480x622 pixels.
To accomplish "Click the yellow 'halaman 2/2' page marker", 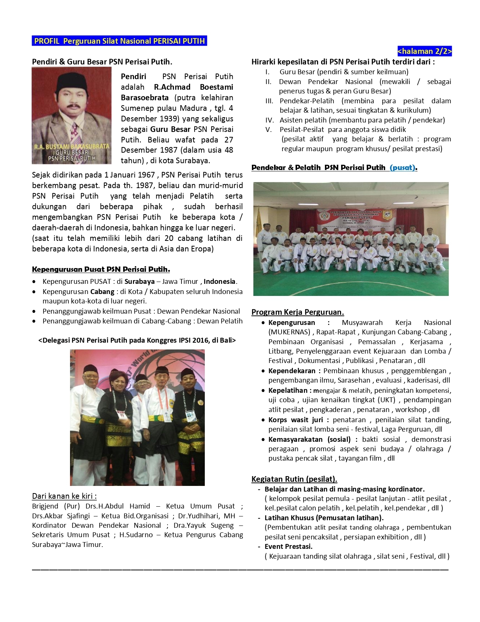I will (x=424, y=51).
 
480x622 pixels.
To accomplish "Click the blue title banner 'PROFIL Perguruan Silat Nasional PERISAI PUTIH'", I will (x=119, y=41).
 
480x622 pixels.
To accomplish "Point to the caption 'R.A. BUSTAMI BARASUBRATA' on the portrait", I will (x=72, y=146).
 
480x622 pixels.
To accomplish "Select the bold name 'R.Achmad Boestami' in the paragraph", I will (x=194, y=87).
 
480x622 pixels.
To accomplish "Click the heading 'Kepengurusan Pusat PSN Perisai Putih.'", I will (x=101, y=269).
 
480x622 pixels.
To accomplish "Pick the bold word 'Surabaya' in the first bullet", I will (x=140, y=282).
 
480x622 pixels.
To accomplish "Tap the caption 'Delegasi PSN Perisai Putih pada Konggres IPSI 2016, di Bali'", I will (x=137, y=340).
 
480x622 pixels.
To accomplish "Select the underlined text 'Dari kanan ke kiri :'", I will (x=64, y=496).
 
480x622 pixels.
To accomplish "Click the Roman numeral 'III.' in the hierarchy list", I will (x=269, y=101).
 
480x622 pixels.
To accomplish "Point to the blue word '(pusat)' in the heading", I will (x=403, y=168).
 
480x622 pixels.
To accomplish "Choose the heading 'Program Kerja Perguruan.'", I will (x=297, y=312).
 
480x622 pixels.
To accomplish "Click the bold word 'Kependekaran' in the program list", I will (x=292, y=371).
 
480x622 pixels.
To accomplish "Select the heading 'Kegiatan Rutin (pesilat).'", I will (x=294, y=479).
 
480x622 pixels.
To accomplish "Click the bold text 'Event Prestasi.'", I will (x=288, y=547).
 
